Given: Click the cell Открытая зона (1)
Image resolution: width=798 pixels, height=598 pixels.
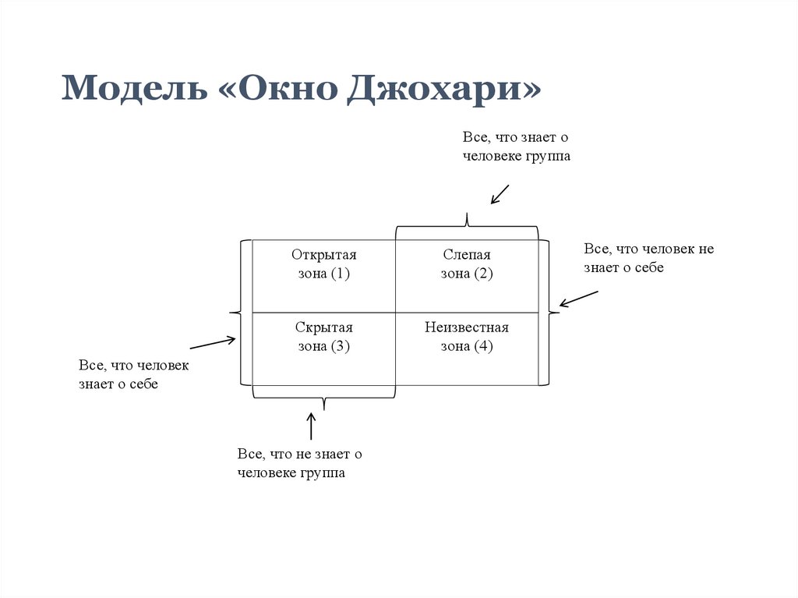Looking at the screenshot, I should point(323,264).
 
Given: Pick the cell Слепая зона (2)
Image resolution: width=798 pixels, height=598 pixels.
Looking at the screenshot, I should point(467,264).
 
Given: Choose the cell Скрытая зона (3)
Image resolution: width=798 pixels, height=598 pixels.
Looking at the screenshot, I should point(323,337).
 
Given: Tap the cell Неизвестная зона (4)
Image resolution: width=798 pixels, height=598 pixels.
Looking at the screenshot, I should point(467,337).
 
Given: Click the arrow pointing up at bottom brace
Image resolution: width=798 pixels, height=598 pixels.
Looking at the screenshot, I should point(312,426).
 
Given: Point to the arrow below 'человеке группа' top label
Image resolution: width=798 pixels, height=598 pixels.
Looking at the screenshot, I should point(499,194).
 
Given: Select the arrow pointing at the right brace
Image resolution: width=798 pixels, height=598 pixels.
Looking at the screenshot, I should point(578,299).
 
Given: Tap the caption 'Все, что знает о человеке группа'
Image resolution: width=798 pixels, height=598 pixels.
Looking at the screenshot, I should point(517,147).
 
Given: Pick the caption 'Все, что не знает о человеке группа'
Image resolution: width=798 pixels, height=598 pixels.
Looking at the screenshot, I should point(300,463).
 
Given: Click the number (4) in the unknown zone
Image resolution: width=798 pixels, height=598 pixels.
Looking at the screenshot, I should point(483,346).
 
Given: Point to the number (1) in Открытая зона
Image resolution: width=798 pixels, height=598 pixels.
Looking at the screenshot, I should point(341,274).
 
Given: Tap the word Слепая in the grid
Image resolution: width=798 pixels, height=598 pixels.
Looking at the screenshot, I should point(467,255).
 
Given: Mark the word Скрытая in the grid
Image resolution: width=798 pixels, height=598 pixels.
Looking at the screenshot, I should point(323,327).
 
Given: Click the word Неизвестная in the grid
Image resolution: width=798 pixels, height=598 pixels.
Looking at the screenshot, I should point(467,327).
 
